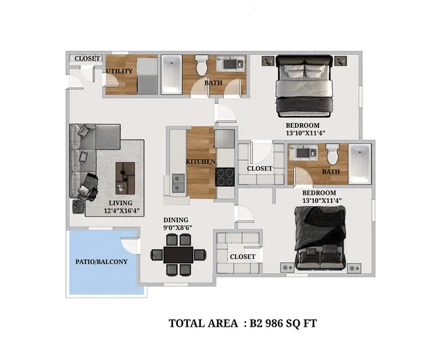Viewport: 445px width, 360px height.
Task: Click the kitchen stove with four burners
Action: pyautogui.click(x=225, y=177)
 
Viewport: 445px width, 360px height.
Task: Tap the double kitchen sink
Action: pyautogui.click(x=178, y=183)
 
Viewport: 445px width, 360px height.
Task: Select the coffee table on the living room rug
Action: pyautogui.click(x=125, y=178)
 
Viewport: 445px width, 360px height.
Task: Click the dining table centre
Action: pyautogui.click(x=179, y=255)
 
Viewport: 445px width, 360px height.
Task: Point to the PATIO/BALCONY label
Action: pyautogui.click(x=102, y=262)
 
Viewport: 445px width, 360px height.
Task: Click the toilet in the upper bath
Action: pyautogui.click(x=202, y=65)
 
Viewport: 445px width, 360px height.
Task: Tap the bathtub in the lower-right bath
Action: pyautogui.click(x=360, y=164)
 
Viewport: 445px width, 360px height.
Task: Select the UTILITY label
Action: pyautogui.click(x=120, y=71)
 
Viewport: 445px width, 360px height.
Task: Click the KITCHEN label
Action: pyautogui.click(x=200, y=162)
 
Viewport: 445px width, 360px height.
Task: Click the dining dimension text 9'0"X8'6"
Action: pyautogui.click(x=178, y=227)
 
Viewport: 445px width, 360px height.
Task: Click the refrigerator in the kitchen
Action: pyautogui.click(x=225, y=139)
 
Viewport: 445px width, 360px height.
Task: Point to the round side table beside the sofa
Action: pyautogui.click(x=79, y=206)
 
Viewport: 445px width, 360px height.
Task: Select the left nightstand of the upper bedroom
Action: pyautogui.click(x=268, y=60)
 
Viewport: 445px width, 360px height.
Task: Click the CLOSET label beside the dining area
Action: pyautogui.click(x=243, y=256)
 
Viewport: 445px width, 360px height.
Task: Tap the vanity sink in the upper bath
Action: pyautogui.click(x=230, y=64)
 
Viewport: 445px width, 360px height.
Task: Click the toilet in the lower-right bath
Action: pyautogui.click(x=332, y=154)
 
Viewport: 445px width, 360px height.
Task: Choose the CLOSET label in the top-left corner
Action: pyautogui.click(x=88, y=58)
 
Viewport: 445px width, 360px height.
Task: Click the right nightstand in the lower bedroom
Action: pyautogui.click(x=354, y=268)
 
